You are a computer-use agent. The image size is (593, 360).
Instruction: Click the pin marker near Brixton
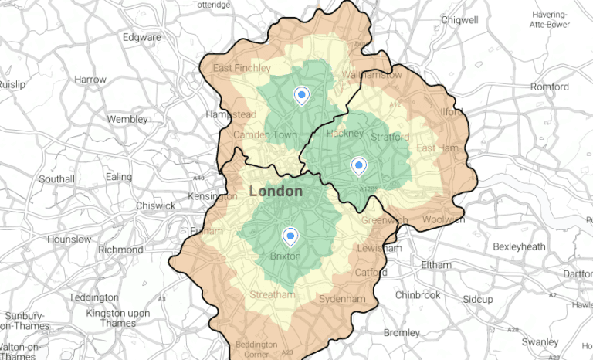click(x=290, y=236)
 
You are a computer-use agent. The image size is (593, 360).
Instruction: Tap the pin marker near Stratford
click(x=358, y=165)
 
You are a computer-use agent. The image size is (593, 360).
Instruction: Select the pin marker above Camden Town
click(x=302, y=95)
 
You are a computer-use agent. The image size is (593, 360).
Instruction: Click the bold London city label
click(x=276, y=191)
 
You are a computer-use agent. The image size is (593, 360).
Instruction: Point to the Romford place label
click(x=549, y=87)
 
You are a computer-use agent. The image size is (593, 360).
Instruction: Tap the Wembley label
click(x=127, y=120)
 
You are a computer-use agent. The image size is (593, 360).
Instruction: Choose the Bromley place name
click(x=402, y=333)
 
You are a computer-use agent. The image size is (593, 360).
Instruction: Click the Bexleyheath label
click(x=521, y=246)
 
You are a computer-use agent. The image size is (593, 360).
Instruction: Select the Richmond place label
click(x=120, y=250)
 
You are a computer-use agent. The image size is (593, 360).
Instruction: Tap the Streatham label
click(x=273, y=295)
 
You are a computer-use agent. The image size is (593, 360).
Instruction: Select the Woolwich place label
click(x=443, y=219)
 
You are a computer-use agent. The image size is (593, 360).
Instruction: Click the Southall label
click(x=56, y=179)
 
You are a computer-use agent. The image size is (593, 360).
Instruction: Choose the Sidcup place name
click(x=478, y=298)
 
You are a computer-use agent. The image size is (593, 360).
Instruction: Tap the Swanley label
click(x=539, y=341)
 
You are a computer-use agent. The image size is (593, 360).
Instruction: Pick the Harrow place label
click(x=90, y=80)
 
